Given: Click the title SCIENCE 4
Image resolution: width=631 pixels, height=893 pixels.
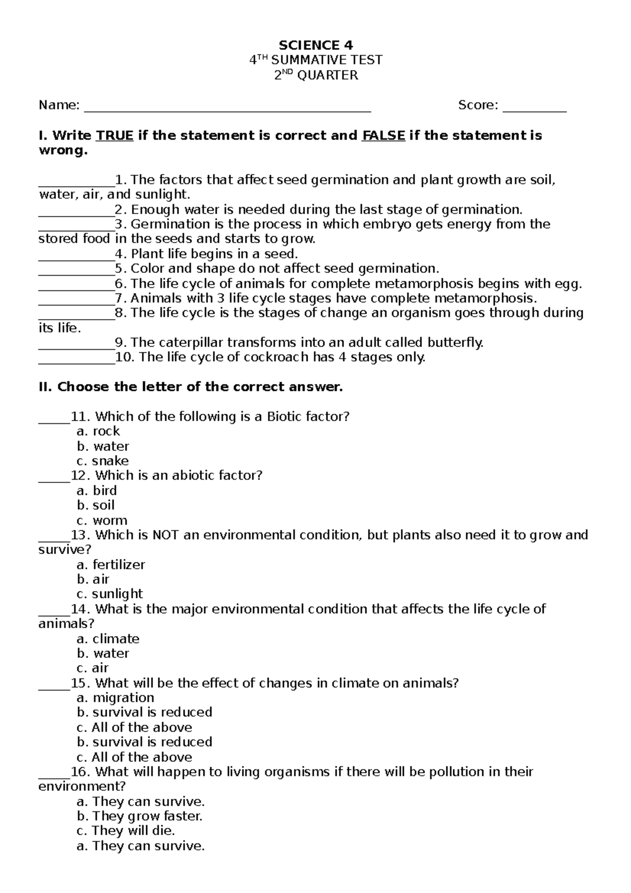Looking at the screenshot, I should coord(315,45).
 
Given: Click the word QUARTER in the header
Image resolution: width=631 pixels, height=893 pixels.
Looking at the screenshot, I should coord(328,75).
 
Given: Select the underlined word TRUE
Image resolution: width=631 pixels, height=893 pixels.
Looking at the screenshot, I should coord(114,136).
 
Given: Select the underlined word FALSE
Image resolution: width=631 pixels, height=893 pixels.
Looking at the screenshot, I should coord(383,136).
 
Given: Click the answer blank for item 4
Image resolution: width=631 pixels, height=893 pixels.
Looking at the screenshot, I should coord(76,255).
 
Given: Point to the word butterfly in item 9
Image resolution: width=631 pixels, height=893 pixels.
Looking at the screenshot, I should coord(455,343).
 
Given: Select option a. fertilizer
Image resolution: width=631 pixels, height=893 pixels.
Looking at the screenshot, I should coord(110,565).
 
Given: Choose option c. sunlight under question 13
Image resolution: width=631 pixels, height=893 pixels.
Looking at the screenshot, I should coord(109,594).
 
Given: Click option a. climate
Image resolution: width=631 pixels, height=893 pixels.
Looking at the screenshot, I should coord(108,639).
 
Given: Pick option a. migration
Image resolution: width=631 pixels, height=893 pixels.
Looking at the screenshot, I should coord(115,698).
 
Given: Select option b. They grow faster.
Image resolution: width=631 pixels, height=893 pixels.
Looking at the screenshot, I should coord(139,816).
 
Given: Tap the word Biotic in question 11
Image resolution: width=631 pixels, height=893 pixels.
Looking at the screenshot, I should coord(284,417).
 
